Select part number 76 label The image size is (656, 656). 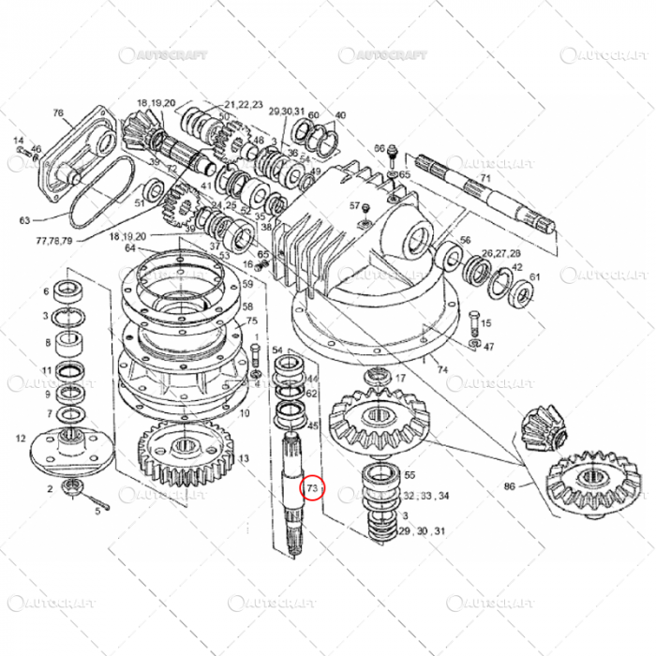coord(57,112)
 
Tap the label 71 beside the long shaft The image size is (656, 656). coord(485,178)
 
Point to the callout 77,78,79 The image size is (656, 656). coord(53,240)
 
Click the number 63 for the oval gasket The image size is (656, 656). coord(24,221)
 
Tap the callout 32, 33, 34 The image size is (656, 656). coord(425,496)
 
